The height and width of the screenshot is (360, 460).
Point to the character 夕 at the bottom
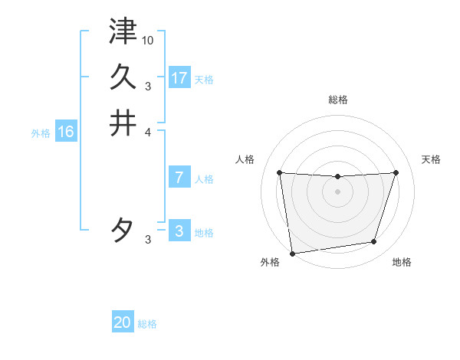coord(123,231)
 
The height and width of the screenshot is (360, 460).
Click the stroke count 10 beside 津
coord(148,40)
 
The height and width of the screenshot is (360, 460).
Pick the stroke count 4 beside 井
coord(148,132)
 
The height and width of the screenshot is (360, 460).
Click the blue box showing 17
coord(179,77)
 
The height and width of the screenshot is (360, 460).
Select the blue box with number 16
coord(66,132)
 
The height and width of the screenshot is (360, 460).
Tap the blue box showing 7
coord(179,178)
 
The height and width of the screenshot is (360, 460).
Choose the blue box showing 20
coord(123,322)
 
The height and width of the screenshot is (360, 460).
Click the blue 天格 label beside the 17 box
coord(204,79)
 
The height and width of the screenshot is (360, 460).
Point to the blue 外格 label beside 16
coord(41,133)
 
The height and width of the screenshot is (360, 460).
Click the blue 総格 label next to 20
coord(147,324)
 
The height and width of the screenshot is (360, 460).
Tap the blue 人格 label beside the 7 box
coord(204,179)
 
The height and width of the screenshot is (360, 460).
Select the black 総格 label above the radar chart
coord(338,100)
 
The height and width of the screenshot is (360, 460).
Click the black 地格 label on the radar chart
coord(402,262)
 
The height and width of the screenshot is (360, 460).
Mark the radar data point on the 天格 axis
coord(396,172)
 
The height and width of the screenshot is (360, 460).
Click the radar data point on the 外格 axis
coord(292,253)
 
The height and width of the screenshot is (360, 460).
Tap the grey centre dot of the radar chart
coord(338,191)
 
